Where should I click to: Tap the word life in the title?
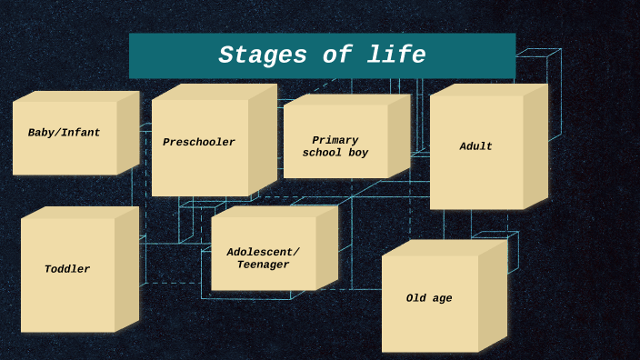pyautogui.click(x=398, y=55)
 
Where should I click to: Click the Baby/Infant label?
pyautogui.click(x=64, y=133)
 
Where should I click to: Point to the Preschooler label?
pyautogui.click(x=199, y=143)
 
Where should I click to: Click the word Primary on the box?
pyautogui.click(x=335, y=140)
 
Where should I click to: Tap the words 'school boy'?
pyautogui.click(x=335, y=153)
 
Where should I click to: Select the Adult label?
pyautogui.click(x=475, y=146)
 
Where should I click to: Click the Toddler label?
pyautogui.click(x=67, y=269)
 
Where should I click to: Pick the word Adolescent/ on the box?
pyautogui.click(x=263, y=252)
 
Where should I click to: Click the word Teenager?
pyautogui.click(x=263, y=265)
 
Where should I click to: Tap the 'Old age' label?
pyautogui.click(x=429, y=298)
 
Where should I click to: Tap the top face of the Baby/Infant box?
pyautogui.click(x=77, y=95)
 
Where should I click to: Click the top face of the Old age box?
pyautogui.click(x=444, y=247)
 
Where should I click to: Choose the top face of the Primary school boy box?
pyautogui.click(x=346, y=99)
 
